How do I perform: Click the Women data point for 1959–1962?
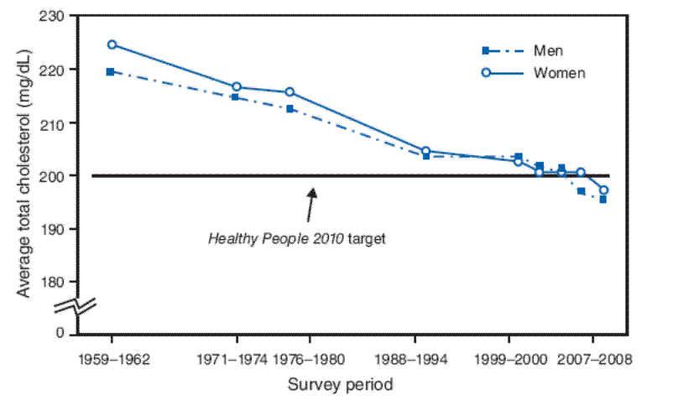point(111,44)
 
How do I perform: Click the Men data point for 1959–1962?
point(111,72)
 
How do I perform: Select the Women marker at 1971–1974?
point(237,86)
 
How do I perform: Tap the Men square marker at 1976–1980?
point(290,109)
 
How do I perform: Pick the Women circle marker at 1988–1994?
point(425,151)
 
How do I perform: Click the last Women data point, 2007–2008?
point(603,190)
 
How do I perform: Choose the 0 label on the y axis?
point(60,334)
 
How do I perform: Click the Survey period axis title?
point(340,385)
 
